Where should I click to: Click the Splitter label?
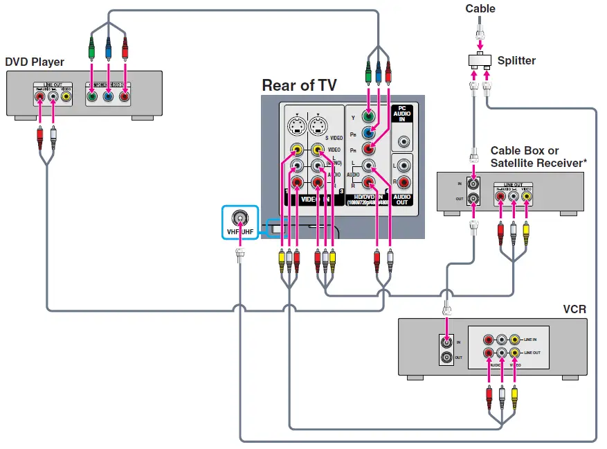click(x=516, y=61)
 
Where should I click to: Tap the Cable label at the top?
click(x=480, y=8)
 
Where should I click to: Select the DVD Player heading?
click(x=35, y=62)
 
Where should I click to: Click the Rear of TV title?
click(x=299, y=86)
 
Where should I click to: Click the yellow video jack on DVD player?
click(x=66, y=97)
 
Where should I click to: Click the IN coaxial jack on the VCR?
click(x=447, y=342)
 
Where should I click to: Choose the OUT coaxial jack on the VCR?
click(x=447, y=358)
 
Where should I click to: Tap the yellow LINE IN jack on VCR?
click(x=514, y=340)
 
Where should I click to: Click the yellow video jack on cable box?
click(x=526, y=197)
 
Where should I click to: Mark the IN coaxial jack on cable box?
click(x=474, y=185)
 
